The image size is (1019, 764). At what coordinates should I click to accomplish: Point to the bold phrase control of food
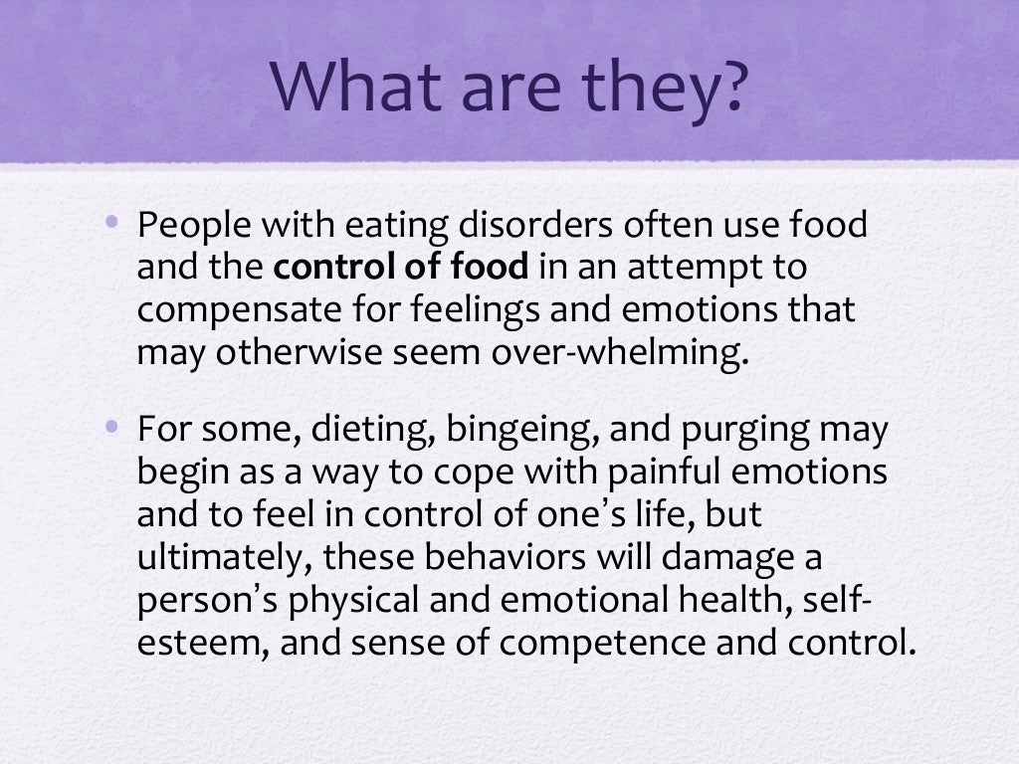coord(400,268)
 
